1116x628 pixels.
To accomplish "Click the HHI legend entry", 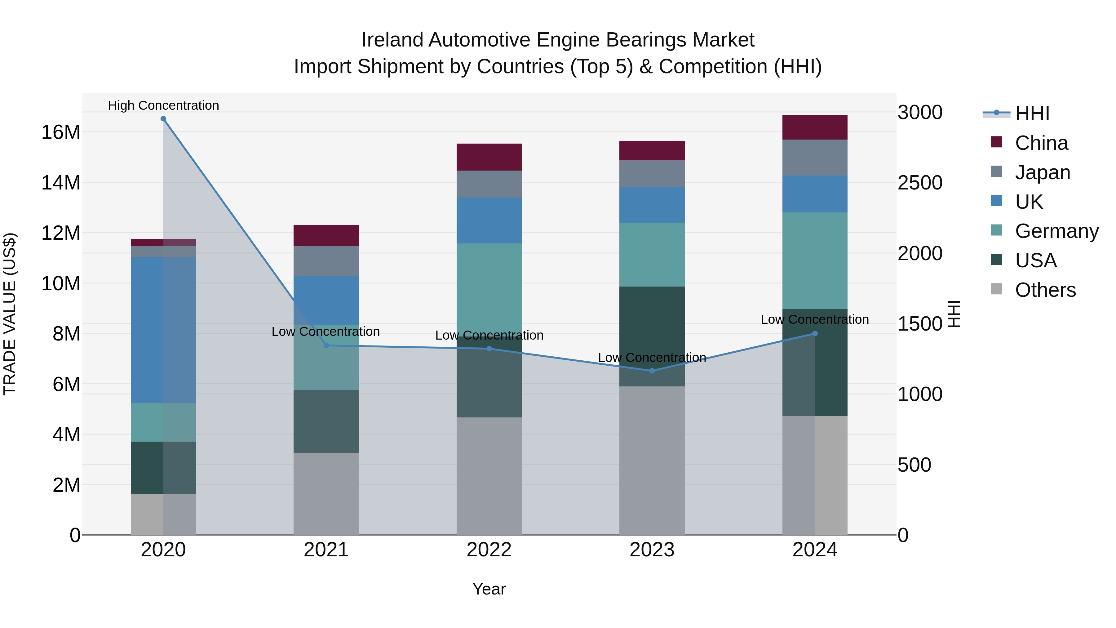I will point(1031,114).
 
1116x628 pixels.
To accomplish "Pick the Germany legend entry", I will point(1056,231).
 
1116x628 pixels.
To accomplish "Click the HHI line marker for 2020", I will point(163,119).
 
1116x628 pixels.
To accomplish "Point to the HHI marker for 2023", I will point(652,371).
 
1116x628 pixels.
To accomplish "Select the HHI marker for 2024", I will point(815,333).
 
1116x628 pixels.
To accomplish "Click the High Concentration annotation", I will point(163,105).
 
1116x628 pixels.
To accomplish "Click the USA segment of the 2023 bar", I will point(652,336).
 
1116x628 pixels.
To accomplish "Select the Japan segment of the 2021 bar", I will point(326,261).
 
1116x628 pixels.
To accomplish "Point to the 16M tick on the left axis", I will point(61,132).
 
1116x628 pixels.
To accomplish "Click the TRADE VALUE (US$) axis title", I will point(10,314).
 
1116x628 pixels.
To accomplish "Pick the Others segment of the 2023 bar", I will point(652,460).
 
